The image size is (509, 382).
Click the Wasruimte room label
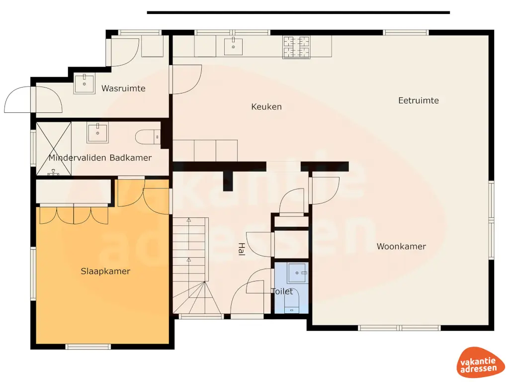click(x=123, y=89)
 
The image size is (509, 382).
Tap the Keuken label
click(x=266, y=106)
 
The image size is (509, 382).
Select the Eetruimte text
click(x=419, y=100)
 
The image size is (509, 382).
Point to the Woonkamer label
click(x=401, y=246)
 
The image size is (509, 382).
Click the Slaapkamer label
click(x=105, y=271)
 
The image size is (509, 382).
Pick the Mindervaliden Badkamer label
click(x=100, y=158)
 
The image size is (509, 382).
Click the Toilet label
click(x=282, y=291)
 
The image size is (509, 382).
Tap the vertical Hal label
click(x=241, y=249)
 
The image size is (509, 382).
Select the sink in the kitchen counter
click(x=233, y=47)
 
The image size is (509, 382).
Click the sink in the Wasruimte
click(x=85, y=84)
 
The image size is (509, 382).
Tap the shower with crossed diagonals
click(x=54, y=148)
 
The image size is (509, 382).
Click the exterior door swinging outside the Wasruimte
click(x=19, y=99)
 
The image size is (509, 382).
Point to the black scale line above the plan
click(x=298, y=12)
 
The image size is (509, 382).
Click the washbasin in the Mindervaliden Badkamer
click(x=97, y=132)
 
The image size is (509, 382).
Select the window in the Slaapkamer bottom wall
click(x=88, y=346)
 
